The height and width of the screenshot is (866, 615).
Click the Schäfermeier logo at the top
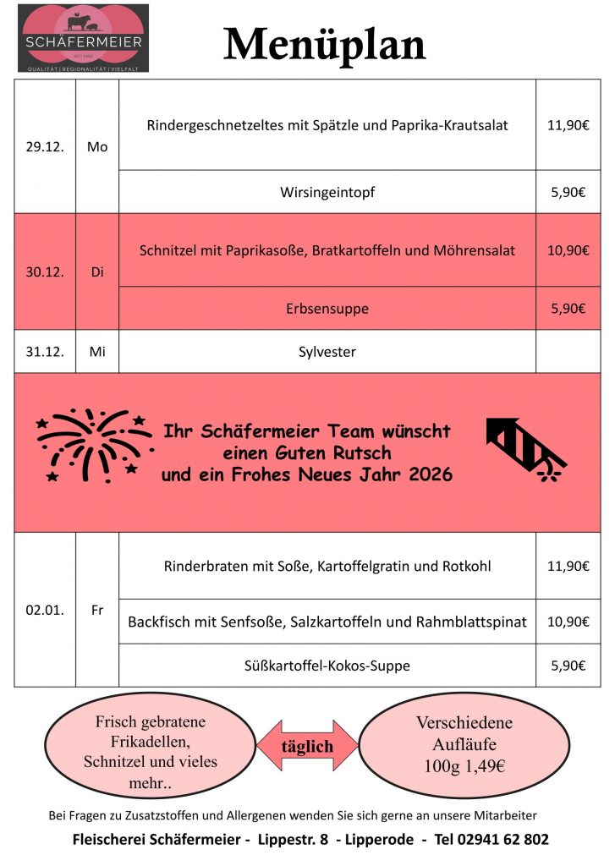pos(83,38)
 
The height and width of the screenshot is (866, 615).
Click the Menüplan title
pos(325,44)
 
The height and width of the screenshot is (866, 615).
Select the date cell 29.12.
pos(45,146)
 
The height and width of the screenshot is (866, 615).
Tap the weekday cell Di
pos(97,272)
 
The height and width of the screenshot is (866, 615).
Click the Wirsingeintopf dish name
pos(327,192)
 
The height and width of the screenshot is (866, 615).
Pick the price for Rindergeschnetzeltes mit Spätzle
pos(568,125)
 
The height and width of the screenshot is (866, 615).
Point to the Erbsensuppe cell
pos(327,309)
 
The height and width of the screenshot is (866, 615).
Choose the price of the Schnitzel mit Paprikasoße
pos(568,250)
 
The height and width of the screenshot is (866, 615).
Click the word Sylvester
pos(327,352)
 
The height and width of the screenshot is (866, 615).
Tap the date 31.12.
pos(45,352)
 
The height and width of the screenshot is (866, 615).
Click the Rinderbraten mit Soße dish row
pos(327,566)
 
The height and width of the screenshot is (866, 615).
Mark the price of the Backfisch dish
pos(568,622)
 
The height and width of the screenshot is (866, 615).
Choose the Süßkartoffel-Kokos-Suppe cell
pos(327,666)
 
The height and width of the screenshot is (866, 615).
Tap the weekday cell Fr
pos(97,609)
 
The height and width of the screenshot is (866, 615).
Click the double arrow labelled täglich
pos(307,746)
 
